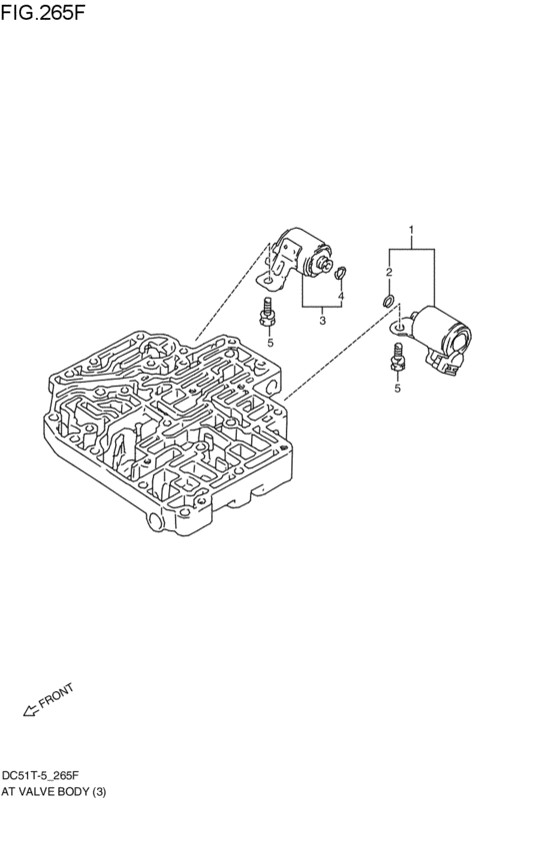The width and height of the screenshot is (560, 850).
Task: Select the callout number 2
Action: [390, 271]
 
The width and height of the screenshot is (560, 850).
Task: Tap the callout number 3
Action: [322, 321]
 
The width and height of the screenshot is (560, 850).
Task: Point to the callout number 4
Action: [341, 297]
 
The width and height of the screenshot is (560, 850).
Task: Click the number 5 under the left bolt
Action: [269, 343]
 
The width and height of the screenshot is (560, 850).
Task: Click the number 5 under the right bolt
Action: [397, 389]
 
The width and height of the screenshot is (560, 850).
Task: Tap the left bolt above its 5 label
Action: [267, 313]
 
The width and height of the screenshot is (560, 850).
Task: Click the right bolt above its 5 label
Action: [397, 358]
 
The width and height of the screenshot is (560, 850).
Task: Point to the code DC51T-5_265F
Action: [47, 775]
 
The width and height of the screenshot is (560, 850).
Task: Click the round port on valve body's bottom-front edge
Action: [154, 522]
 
